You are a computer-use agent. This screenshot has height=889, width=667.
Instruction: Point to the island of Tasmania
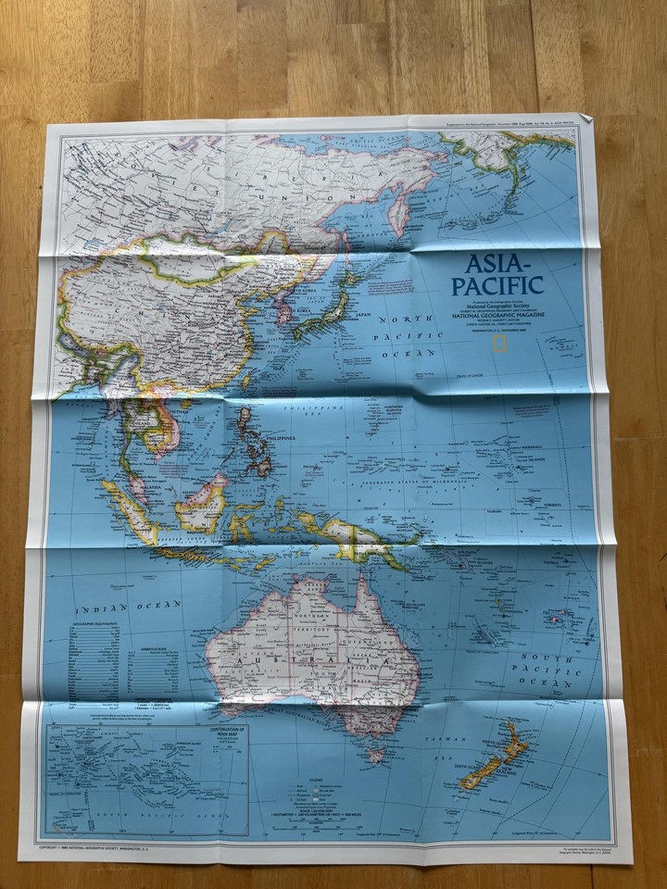coord(375,754)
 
